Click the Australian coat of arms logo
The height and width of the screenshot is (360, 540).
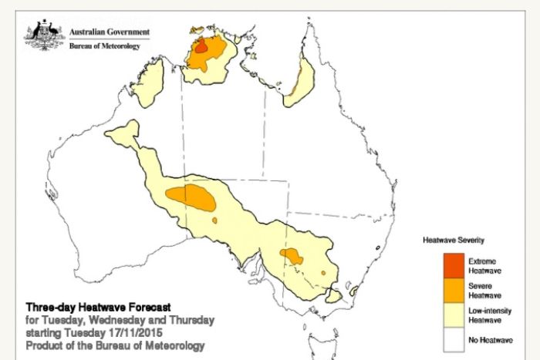coord(44,35)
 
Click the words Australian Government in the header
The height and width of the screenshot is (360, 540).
coord(110,32)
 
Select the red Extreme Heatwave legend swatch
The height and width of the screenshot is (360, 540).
coord(454,265)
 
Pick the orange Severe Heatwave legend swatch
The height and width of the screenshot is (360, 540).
coord(454,290)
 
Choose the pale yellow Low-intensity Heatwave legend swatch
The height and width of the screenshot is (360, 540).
coord(454,315)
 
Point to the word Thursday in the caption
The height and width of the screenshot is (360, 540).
coord(193,319)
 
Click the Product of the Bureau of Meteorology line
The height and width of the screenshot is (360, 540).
coord(115,345)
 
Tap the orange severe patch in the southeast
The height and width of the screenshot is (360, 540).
coord(291,255)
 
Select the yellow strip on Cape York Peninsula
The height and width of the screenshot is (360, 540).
coord(300,84)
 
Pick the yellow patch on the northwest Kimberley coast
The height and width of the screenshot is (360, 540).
coord(154,83)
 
